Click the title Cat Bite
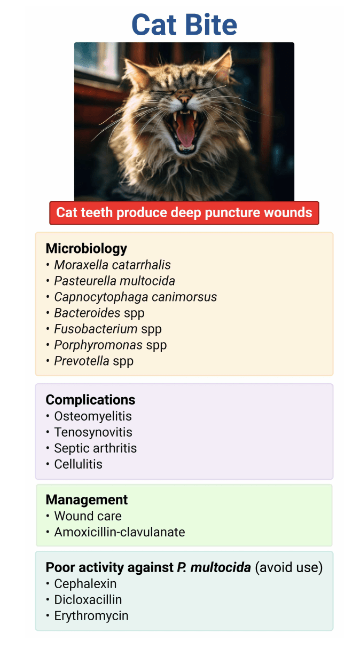coord(184,25)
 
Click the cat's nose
coord(184,99)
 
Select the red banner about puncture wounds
coord(184,212)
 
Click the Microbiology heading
coord(87,248)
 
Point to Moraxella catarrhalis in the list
coord(113,265)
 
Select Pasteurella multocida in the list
coord(114,281)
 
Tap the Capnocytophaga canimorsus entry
coord(135,297)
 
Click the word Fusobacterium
coord(96,329)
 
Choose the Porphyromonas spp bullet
coord(111,345)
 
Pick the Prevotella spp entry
coord(94,361)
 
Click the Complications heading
coord(90,400)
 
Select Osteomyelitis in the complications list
coord(93,416)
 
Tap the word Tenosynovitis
coord(93,432)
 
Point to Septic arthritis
coord(96,448)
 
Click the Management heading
coord(87,500)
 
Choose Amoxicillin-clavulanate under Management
coord(120,532)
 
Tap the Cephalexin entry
coord(85,583)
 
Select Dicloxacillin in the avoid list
coord(88,599)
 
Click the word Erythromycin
coord(91,616)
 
